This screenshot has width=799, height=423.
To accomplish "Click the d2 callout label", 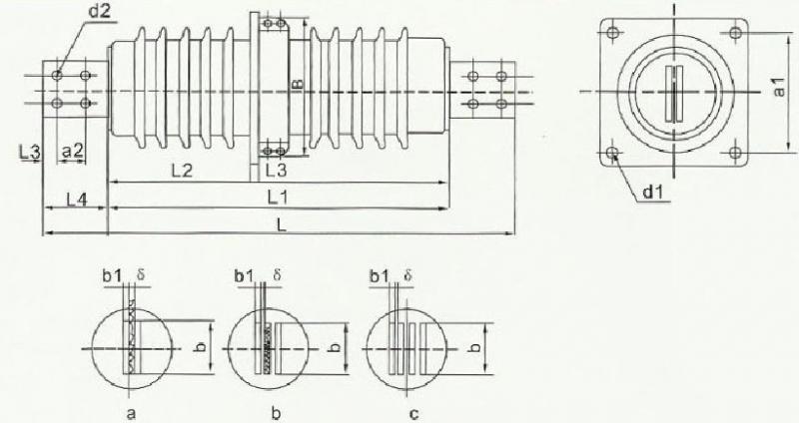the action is pyautogui.click(x=101, y=11).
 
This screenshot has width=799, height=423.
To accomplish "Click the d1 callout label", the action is pyautogui.click(x=654, y=192).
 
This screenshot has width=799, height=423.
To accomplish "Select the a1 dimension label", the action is pyautogui.click(x=779, y=87).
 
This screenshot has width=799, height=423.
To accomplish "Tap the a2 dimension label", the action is pyautogui.click(x=72, y=151).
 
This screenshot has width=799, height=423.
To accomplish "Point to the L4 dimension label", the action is pyautogui.click(x=77, y=199).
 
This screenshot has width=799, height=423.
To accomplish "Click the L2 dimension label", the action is pyautogui.click(x=182, y=171).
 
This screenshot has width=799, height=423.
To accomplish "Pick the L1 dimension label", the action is pyautogui.click(x=279, y=198).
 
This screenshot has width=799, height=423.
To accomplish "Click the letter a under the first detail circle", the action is pyautogui.click(x=131, y=414).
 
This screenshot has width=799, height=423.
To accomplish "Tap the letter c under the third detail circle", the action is pyautogui.click(x=413, y=414).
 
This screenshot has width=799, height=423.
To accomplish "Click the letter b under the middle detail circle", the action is pyautogui.click(x=276, y=413).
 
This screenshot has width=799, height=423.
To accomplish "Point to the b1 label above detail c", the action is pyautogui.click(x=380, y=276).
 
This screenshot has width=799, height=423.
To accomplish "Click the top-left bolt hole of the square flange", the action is pyautogui.click(x=613, y=33).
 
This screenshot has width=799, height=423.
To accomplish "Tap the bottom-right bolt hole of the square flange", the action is pyautogui.click(x=734, y=153).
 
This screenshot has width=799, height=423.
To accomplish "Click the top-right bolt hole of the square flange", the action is pyautogui.click(x=734, y=33).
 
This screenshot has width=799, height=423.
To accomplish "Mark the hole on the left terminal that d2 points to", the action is pyautogui.click(x=57, y=76).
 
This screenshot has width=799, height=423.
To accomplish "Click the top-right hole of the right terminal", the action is pyautogui.click(x=501, y=77).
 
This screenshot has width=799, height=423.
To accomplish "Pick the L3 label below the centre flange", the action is pyautogui.click(x=277, y=171).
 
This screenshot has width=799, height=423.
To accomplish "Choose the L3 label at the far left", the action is pyautogui.click(x=31, y=152).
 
